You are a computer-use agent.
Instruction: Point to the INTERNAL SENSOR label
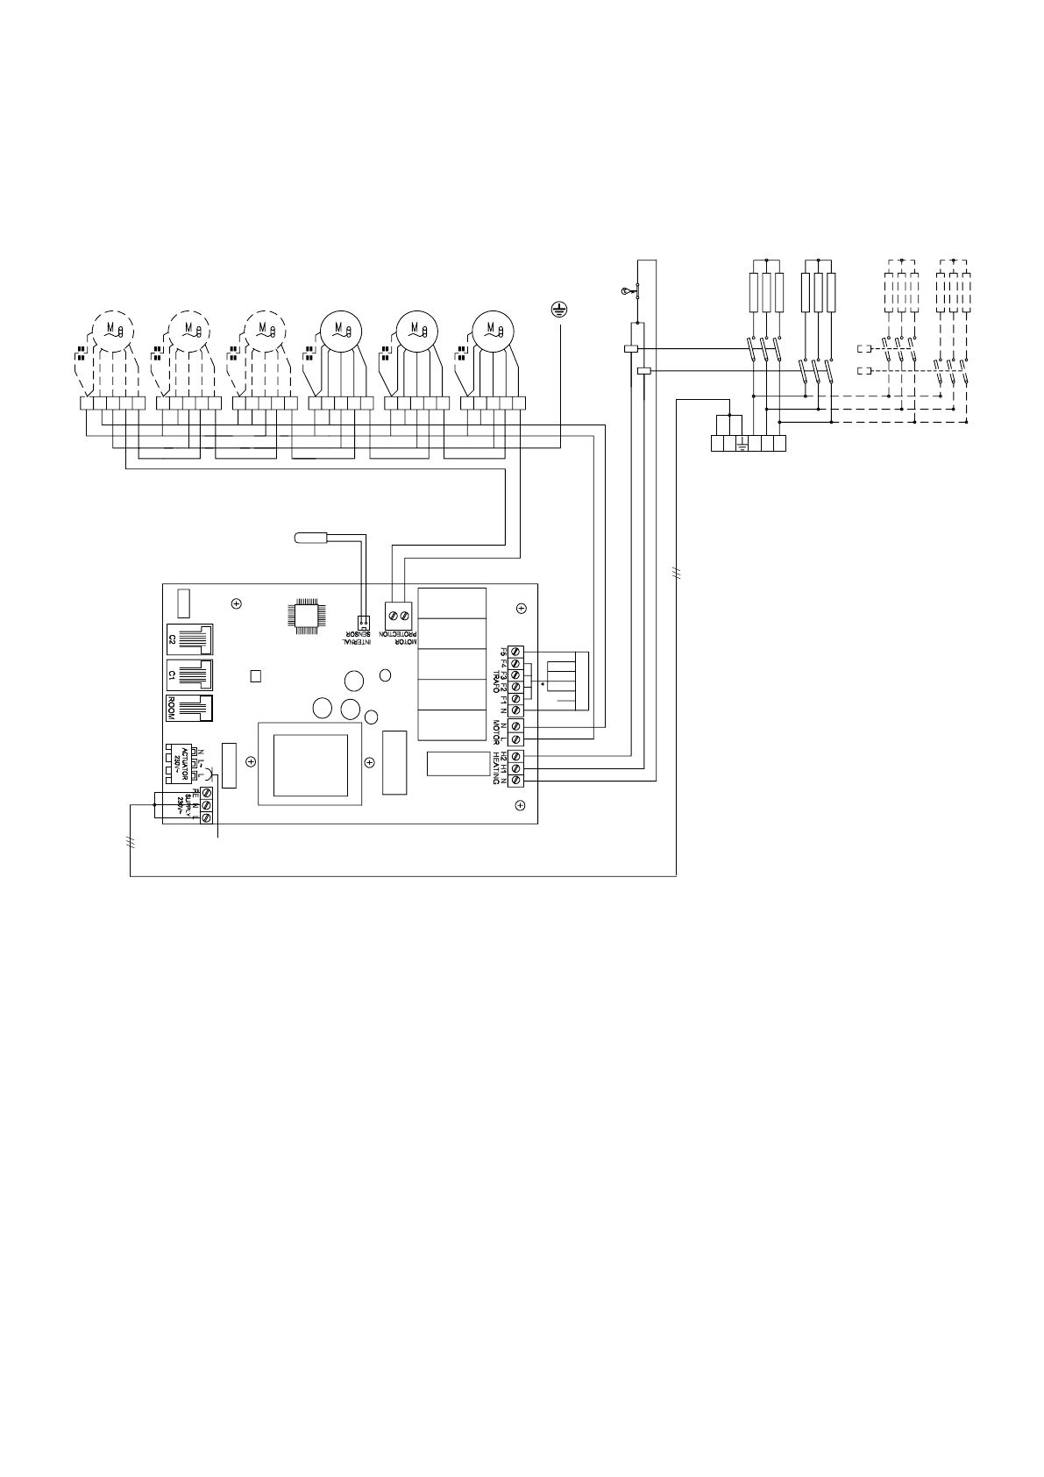coord(363,640)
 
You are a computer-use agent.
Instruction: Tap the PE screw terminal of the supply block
coord(207,792)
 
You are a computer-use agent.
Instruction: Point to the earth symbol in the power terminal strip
coord(742,444)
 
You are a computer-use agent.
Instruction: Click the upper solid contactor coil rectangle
coord(629,348)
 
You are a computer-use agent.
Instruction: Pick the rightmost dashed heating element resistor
coord(967,293)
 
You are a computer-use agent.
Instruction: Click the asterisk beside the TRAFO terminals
coord(544,683)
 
